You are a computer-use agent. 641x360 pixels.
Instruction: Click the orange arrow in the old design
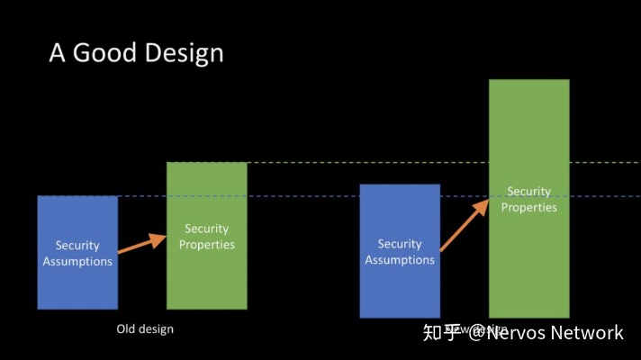142,244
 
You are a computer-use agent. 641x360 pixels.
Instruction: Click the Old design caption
145,329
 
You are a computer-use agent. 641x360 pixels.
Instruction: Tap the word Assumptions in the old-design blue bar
77,261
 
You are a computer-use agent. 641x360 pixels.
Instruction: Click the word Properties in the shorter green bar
206,244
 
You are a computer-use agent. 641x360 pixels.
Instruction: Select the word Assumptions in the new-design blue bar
400,260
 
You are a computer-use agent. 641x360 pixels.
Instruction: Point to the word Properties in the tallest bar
528,207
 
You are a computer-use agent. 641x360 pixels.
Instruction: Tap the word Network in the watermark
587,333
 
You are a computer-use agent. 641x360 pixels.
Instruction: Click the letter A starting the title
57,53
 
